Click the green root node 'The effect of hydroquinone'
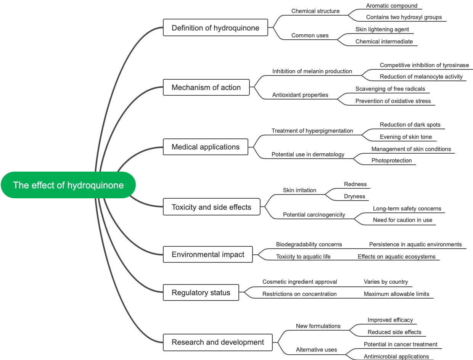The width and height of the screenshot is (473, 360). [68, 185]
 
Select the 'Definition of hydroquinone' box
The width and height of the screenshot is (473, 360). [216, 28]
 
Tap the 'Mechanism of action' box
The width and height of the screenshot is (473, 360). [206, 87]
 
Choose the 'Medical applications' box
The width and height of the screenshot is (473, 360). [206, 147]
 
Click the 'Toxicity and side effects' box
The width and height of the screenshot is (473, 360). [211, 207]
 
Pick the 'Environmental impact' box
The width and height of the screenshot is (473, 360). [208, 254]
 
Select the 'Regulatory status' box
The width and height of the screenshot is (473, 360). [201, 292]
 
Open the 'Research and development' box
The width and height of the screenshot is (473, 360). [218, 342]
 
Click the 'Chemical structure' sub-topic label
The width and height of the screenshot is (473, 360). [315, 11]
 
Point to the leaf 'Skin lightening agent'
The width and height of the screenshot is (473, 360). [382, 29]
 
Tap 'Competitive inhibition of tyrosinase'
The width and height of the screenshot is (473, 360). [424, 65]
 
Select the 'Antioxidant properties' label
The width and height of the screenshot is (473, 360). [300, 95]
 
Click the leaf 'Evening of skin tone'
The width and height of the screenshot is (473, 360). [406, 137]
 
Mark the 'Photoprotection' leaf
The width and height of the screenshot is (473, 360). [391, 161]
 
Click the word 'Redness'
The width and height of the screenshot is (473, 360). [355, 184]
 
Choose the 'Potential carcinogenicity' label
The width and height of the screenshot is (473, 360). [314, 215]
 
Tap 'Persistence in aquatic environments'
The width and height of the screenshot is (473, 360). [415, 244]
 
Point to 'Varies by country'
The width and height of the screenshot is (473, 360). [386, 282]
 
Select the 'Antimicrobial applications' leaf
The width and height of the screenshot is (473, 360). [396, 357]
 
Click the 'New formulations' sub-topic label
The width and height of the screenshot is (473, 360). [318, 326]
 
